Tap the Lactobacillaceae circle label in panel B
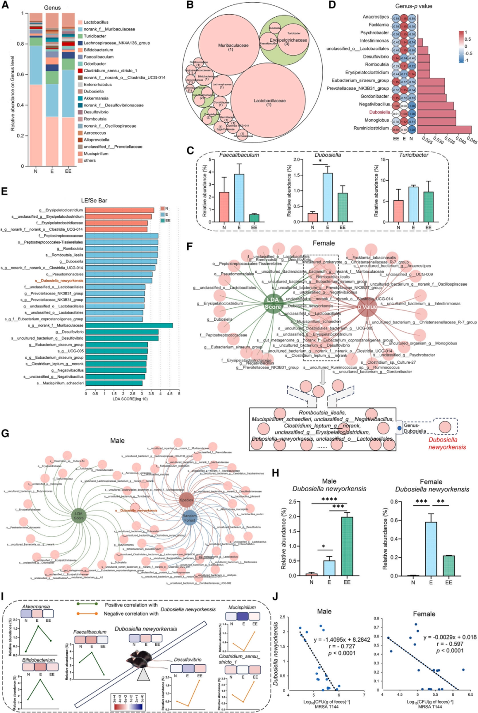pyautogui.click(x=269, y=103)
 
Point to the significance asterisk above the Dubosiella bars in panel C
pyautogui.click(x=320, y=161)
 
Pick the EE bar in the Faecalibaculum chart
pyautogui.click(x=254, y=218)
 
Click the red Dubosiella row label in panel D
pyautogui.click(x=379, y=112)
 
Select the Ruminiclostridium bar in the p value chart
pyautogui.click(x=447, y=128)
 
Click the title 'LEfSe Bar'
pyautogui.click(x=94, y=201)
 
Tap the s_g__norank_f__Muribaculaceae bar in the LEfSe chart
pyautogui.click(x=129, y=325)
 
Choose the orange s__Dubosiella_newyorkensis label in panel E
pyautogui.click(x=59, y=281)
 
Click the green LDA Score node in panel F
pyautogui.click(x=273, y=303)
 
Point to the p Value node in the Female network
pyautogui.click(x=367, y=306)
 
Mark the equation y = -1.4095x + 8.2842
pyautogui.click(x=342, y=639)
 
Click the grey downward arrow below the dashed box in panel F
pyautogui.click(x=323, y=377)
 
